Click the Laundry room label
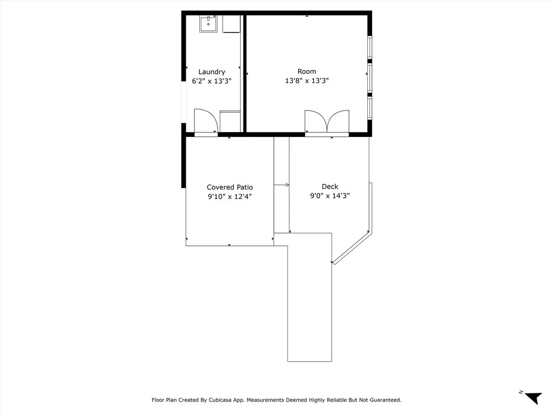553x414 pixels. click(x=212, y=72)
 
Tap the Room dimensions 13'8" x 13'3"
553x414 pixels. click(x=307, y=81)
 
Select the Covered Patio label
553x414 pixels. click(x=230, y=187)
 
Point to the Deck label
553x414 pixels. click(x=330, y=187)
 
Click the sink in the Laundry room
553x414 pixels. click(x=208, y=24)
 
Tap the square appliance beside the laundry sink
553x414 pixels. click(x=231, y=24)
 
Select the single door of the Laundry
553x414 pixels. click(x=206, y=121)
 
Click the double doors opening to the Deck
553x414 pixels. click(x=327, y=122)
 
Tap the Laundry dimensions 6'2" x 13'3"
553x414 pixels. click(x=212, y=81)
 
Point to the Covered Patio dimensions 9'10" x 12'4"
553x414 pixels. click(x=230, y=196)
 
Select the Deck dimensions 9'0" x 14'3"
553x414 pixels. click(x=330, y=196)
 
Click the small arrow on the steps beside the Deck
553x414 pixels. click(x=281, y=185)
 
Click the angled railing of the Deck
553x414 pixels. click(x=352, y=248)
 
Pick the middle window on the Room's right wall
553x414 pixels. click(x=369, y=78)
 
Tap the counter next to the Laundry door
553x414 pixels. click(x=230, y=121)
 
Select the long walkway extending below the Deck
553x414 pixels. click(x=309, y=297)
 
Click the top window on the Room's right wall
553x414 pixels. click(x=369, y=47)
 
